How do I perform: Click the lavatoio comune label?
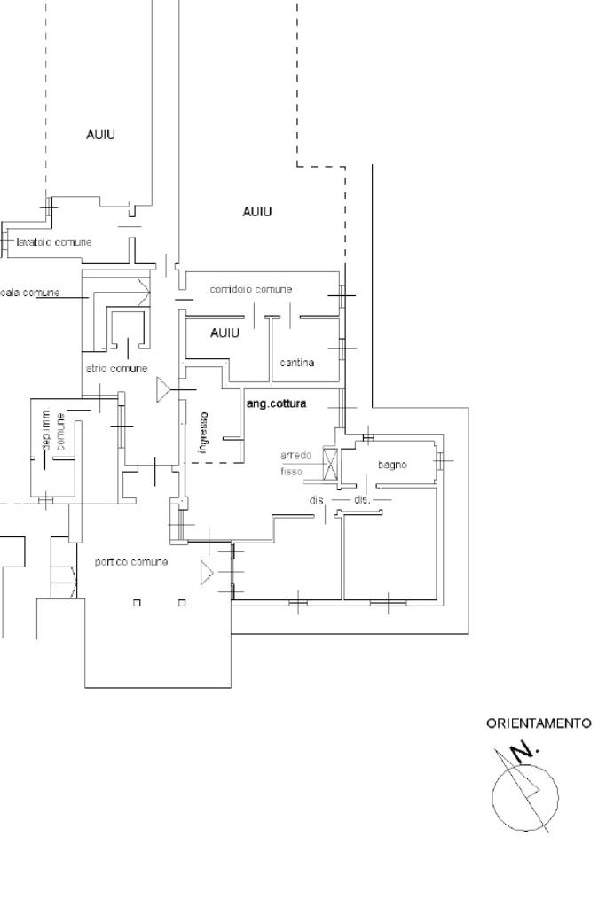53,242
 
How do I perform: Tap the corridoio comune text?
250,290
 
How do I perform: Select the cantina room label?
297,363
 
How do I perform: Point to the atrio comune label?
116,369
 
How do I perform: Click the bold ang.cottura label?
276,404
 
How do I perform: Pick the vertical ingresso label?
203,433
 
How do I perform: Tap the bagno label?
391,465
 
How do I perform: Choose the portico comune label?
130,562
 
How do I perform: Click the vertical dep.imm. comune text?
53,433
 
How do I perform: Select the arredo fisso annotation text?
295,463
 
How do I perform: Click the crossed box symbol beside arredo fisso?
331,465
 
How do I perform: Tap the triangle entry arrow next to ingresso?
163,389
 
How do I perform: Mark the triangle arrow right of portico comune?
207,572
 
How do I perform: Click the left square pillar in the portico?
137,603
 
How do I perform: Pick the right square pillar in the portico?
182,603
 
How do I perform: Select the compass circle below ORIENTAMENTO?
525,794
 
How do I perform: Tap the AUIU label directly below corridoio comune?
224,333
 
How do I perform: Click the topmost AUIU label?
100,135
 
